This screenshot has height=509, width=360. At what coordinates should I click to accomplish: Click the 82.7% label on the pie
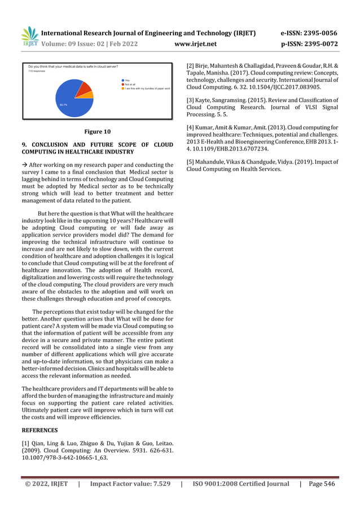click(63, 105)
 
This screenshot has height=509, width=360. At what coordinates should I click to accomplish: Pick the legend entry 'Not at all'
click(130, 85)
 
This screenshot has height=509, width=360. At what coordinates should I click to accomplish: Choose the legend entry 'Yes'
click(127, 81)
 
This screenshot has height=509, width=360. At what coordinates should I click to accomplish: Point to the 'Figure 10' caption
click(97, 132)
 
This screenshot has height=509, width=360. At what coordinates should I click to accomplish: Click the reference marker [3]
click(191, 100)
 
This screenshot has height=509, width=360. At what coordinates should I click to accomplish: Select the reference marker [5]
click(191, 162)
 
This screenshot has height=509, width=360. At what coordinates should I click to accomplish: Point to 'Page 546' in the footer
click(324, 484)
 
